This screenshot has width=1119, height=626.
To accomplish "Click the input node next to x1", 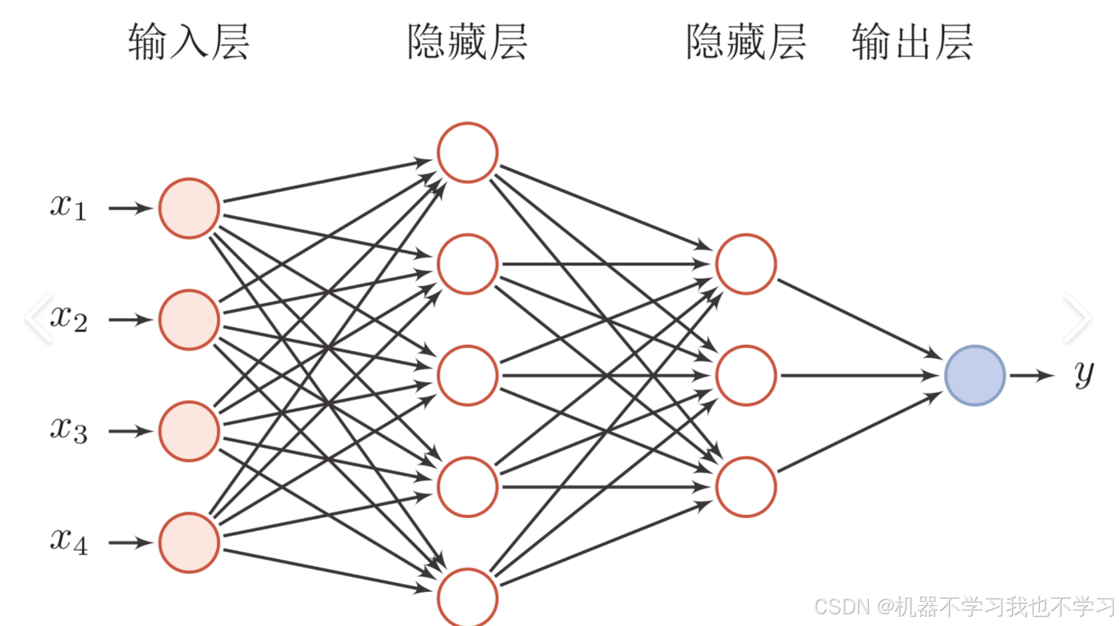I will [189, 208].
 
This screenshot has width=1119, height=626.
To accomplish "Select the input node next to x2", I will [189, 320].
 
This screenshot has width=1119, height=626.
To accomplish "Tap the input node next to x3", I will [189, 431].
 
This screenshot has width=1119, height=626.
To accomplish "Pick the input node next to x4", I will [189, 542].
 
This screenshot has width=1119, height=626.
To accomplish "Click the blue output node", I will [975, 375].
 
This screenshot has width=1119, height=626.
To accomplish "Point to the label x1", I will [68, 207].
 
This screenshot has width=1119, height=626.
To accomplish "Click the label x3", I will [68, 430].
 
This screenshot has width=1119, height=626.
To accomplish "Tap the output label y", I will [1084, 374].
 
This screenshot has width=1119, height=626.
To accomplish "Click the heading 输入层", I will [189, 42].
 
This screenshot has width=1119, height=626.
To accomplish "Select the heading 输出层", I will [912, 42].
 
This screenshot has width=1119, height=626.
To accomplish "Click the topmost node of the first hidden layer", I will [468, 153].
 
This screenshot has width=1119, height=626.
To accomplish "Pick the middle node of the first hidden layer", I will [468, 375].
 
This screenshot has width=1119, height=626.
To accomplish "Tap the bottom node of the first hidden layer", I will [468, 597].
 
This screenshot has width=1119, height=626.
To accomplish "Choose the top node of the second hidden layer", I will [746, 264].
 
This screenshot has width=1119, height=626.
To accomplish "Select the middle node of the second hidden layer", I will [746, 375].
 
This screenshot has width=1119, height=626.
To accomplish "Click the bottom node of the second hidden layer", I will [746, 487].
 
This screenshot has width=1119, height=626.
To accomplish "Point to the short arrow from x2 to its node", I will [130, 320].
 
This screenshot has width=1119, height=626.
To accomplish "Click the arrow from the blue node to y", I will [1031, 375].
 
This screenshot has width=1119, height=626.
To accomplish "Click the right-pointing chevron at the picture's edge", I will [1077, 318].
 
